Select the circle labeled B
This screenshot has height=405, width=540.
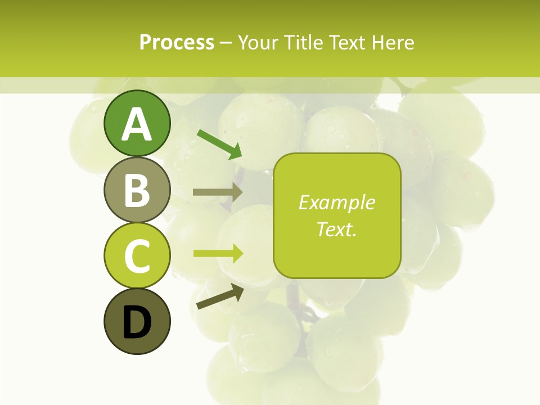(x=137, y=190)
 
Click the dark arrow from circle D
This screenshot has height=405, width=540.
(x=220, y=296)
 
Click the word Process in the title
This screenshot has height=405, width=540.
(x=177, y=42)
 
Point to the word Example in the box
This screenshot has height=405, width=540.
(x=336, y=202)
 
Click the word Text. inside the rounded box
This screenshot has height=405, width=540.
(x=336, y=229)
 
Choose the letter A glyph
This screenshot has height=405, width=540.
(x=137, y=124)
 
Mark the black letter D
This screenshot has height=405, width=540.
(x=137, y=323)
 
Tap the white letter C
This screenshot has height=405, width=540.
(x=137, y=256)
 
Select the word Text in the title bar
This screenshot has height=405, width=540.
(x=347, y=42)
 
